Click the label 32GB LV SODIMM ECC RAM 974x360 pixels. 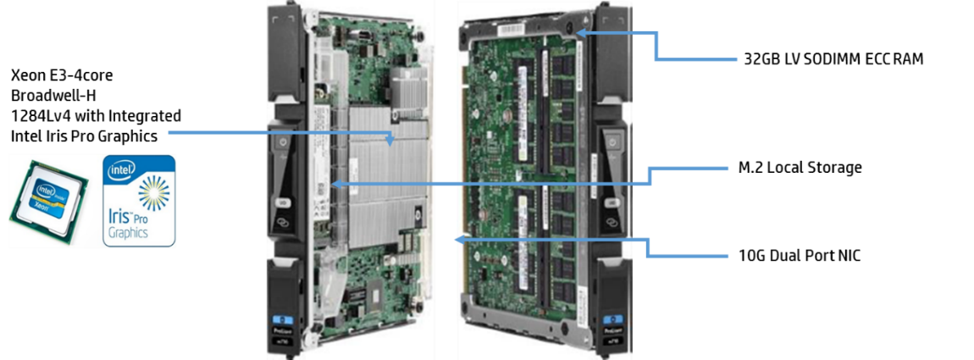click(833, 59)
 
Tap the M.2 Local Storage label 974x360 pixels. click(796, 167)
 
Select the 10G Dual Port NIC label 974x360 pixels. click(797, 256)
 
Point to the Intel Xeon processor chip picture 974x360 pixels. click(49, 193)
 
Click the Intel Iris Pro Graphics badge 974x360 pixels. click(139, 201)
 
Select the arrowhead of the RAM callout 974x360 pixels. click(580, 31)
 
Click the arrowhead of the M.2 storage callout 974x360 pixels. click(335, 184)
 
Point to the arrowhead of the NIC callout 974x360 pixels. click(460, 239)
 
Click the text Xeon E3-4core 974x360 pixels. click(62, 76)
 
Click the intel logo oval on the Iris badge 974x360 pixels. click(122, 169)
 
